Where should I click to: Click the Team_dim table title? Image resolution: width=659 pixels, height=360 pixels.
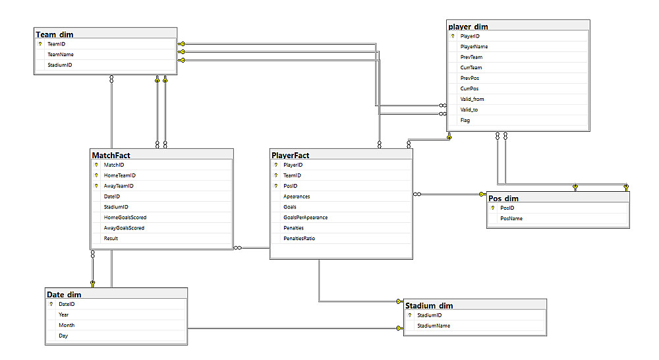tap(55, 34)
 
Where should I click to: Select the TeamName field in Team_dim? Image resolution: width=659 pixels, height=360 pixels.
tap(61, 54)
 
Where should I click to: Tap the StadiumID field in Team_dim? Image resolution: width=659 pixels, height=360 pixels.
tap(60, 65)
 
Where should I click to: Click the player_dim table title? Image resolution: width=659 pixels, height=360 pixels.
tap(468, 26)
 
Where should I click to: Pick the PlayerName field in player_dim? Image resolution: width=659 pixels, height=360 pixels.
tap(474, 47)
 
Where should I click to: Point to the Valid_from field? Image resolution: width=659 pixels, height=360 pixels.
tap(472, 100)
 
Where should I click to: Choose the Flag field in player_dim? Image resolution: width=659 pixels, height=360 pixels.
tap(465, 120)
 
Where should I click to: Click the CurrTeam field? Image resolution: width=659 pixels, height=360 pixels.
tap(471, 68)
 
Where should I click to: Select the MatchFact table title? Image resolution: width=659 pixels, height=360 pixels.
tap(111, 155)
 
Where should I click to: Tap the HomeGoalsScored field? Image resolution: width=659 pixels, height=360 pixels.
tap(125, 218)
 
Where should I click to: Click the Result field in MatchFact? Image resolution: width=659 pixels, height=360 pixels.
tap(111, 239)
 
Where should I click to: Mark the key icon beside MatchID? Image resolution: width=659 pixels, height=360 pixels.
tap(96, 165)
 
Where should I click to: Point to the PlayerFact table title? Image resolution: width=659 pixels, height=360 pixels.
tap(291, 155)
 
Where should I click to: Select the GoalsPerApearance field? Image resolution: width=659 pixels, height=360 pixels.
tap(306, 218)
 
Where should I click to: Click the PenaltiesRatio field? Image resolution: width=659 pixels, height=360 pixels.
tap(299, 239)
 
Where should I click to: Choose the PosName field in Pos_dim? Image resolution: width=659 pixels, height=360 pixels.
tap(511, 219)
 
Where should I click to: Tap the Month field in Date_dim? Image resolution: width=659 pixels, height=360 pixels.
tap(67, 325)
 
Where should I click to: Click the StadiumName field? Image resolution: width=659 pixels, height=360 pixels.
tap(434, 326)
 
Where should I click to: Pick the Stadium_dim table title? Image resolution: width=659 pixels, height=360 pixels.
tap(429, 306)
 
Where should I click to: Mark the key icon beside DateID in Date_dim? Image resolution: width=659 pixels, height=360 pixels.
tap(51, 304)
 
